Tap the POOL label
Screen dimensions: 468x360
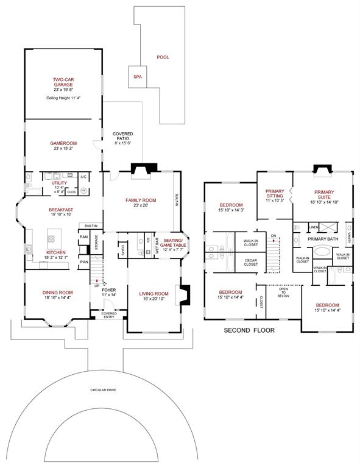(163, 57)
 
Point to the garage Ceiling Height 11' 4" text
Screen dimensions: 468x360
(63, 97)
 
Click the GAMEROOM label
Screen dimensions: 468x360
(62, 143)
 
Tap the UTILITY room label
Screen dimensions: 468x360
(59, 183)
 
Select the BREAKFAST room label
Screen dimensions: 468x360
(61, 210)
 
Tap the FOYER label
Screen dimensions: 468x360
(110, 291)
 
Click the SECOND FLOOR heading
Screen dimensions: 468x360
(249, 330)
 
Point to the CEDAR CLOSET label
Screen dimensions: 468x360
(250, 263)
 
